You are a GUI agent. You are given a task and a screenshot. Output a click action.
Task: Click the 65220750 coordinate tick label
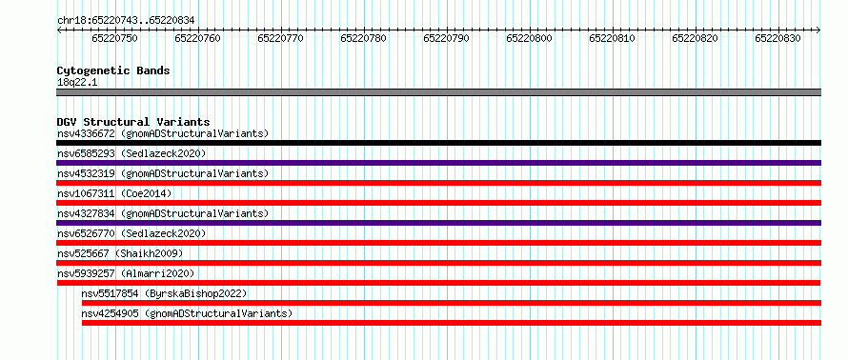(114, 38)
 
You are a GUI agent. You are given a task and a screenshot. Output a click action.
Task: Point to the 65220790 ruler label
(446, 38)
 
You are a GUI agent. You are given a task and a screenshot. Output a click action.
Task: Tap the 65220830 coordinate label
(777, 38)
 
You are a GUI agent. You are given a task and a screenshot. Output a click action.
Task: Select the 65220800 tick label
(529, 38)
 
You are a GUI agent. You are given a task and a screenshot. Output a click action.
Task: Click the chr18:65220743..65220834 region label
(126, 21)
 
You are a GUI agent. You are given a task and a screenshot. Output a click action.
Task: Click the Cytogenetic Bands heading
(113, 70)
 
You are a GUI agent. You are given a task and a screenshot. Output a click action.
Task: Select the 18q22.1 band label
(77, 83)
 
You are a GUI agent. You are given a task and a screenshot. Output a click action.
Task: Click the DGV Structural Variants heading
(133, 122)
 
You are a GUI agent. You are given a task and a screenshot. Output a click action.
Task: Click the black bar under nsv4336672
(438, 143)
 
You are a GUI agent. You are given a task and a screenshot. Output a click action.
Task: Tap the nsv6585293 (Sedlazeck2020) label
(131, 153)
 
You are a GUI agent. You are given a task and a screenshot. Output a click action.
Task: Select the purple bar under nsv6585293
(438, 163)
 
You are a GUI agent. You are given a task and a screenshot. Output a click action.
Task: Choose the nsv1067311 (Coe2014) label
(114, 193)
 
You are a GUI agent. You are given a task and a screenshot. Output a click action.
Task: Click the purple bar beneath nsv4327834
(438, 223)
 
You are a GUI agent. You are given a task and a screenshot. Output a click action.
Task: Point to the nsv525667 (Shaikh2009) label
(120, 253)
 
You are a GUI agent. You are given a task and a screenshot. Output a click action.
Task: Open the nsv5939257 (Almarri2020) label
(126, 273)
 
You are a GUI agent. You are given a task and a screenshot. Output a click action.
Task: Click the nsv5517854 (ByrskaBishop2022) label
(164, 293)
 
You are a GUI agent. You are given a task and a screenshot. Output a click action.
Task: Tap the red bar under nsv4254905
(452, 323)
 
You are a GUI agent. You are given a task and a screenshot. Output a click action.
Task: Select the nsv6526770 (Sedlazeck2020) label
(131, 233)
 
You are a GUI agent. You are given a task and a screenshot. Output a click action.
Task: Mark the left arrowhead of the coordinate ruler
(58, 30)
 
